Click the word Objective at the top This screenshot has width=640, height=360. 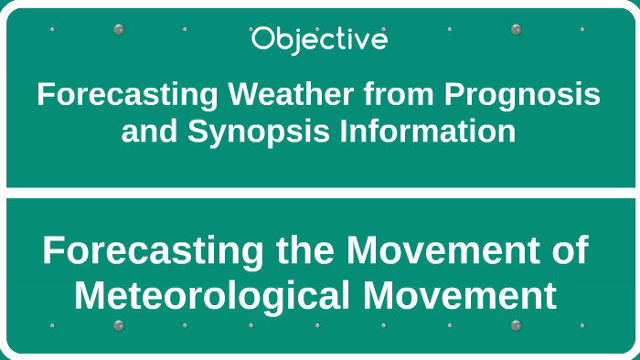pos(319,39)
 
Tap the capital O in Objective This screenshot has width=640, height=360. pos(261,39)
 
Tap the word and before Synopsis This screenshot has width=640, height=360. pos(150,132)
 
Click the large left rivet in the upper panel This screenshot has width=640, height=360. pos(118,29)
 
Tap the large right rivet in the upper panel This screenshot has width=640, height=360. pos(516,29)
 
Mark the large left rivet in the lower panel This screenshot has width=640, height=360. pos(118,325)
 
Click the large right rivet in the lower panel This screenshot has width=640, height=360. pos(516,325)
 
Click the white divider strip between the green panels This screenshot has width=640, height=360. pos(320,193)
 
